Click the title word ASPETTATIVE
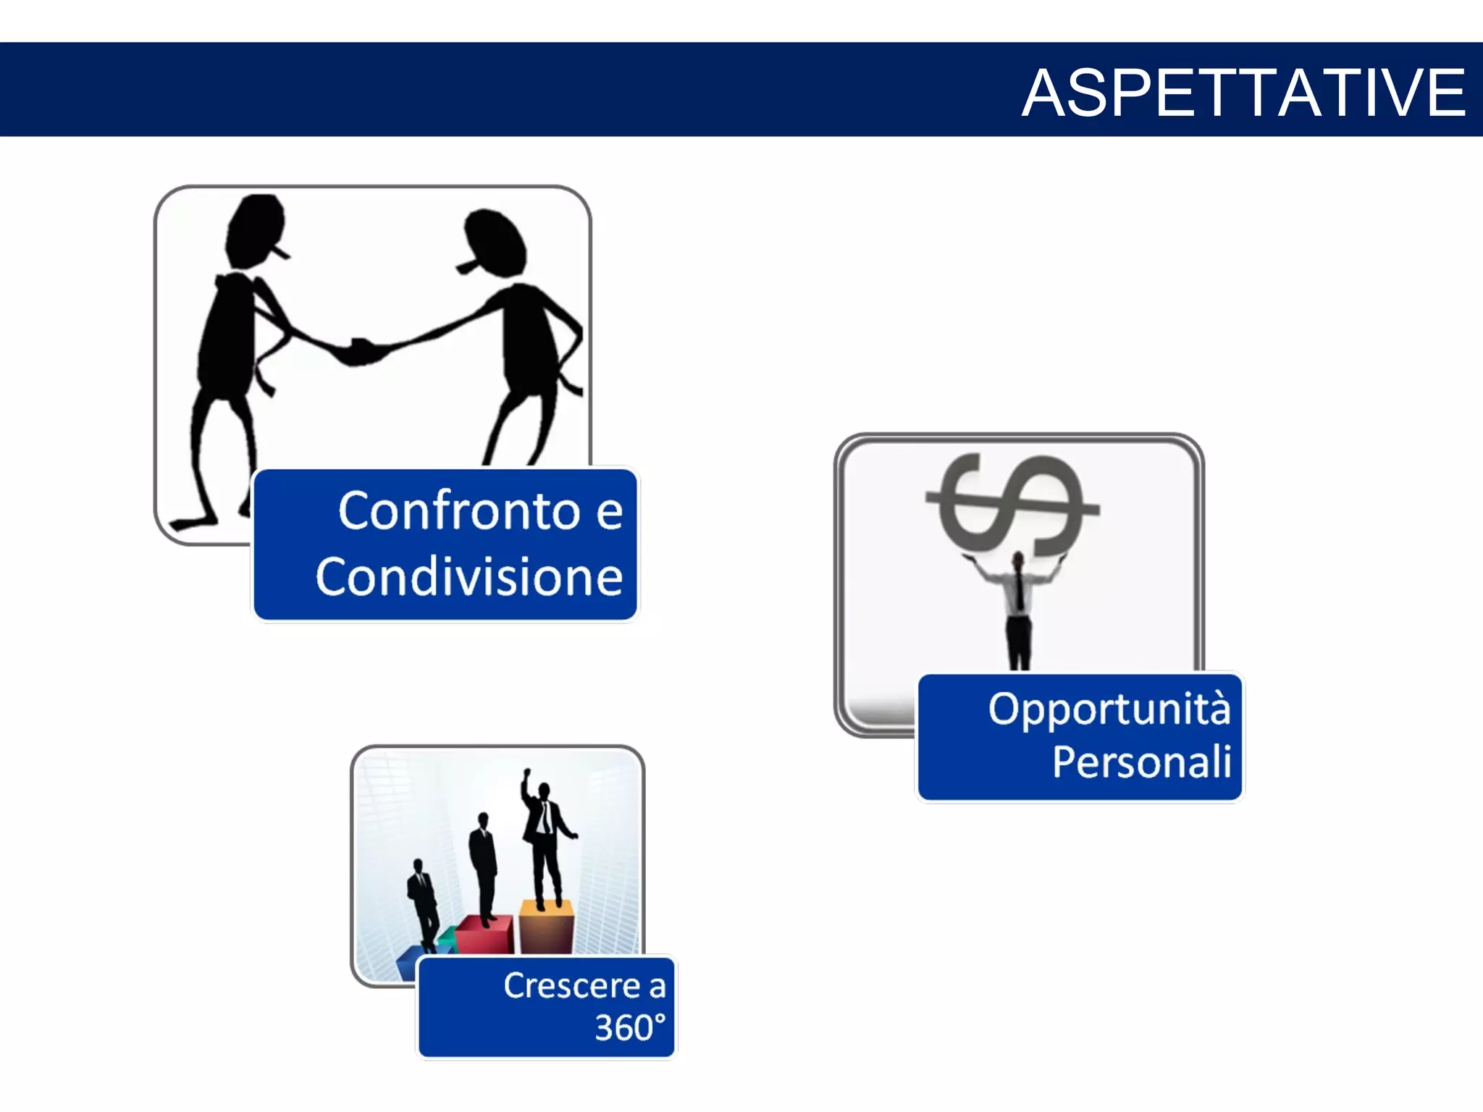click(1243, 93)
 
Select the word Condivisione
click(469, 578)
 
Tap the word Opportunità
click(1109, 709)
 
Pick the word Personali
click(1141, 762)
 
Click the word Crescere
click(571, 986)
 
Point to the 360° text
click(629, 1027)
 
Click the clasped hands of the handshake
click(360, 352)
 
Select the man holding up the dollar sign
click(1018, 608)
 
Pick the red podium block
click(485, 935)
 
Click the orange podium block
click(547, 927)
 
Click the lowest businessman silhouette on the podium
click(421, 901)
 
